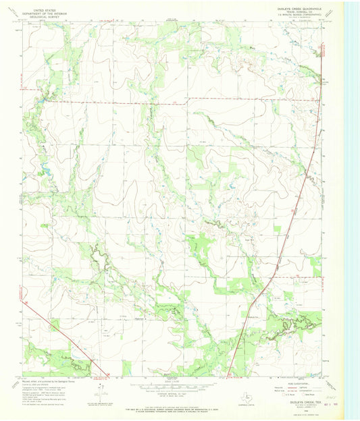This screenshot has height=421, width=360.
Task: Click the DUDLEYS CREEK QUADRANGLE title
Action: pos(296,8)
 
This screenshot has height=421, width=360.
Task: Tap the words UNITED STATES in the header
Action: pos(43,7)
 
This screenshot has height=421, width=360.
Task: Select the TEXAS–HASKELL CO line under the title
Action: pos(296,11)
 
